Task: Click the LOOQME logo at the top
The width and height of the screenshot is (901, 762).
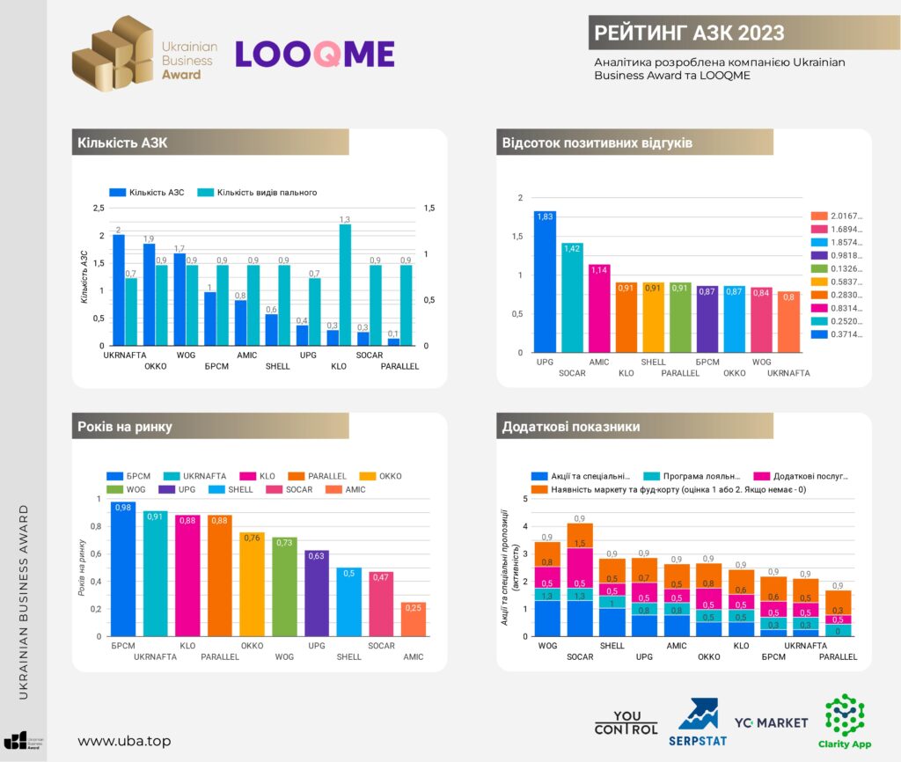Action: tap(314, 54)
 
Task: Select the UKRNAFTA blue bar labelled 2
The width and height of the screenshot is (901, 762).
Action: tap(118, 289)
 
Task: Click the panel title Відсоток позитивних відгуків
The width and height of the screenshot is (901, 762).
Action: tap(597, 143)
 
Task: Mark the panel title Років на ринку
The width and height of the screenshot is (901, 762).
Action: tap(124, 427)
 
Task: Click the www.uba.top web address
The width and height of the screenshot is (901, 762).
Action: tap(124, 741)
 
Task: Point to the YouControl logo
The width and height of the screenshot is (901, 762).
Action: tap(626, 722)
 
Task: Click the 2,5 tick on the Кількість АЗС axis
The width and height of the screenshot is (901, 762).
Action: tap(99, 208)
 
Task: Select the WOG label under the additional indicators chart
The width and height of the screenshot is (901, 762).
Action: tap(547, 646)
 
